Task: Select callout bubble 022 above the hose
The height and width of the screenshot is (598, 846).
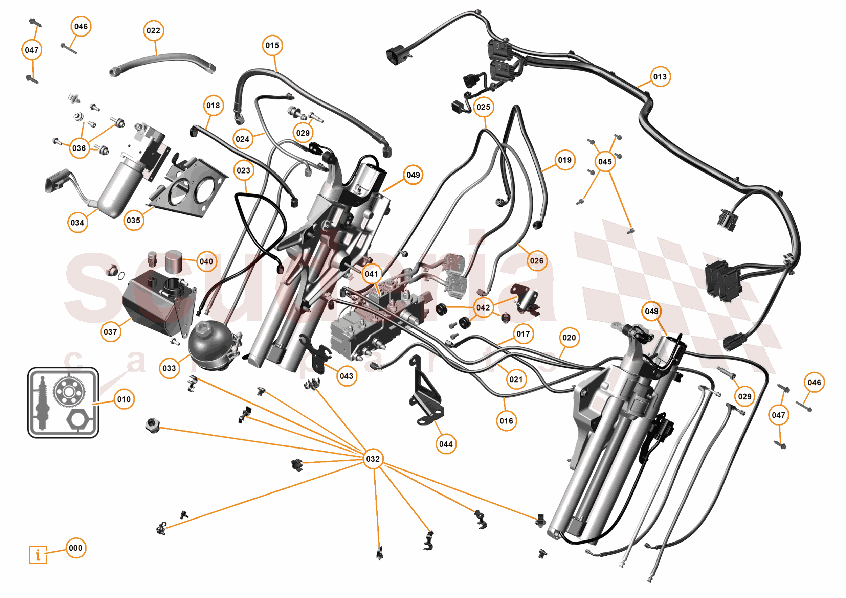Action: (153, 30)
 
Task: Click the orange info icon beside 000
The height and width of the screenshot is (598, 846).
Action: (38, 555)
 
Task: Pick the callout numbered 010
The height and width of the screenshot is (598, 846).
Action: (124, 399)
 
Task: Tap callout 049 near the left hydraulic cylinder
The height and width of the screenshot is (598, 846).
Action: (413, 175)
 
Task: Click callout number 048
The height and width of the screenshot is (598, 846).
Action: (651, 311)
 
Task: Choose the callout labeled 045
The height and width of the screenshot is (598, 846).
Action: (605, 162)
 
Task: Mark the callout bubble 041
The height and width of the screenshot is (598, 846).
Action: (372, 274)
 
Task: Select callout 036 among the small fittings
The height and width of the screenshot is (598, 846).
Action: (79, 148)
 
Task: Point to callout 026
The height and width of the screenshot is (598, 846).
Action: (536, 261)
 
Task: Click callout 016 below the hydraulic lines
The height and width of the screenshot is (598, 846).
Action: (506, 421)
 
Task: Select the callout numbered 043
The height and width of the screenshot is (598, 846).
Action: (347, 376)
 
